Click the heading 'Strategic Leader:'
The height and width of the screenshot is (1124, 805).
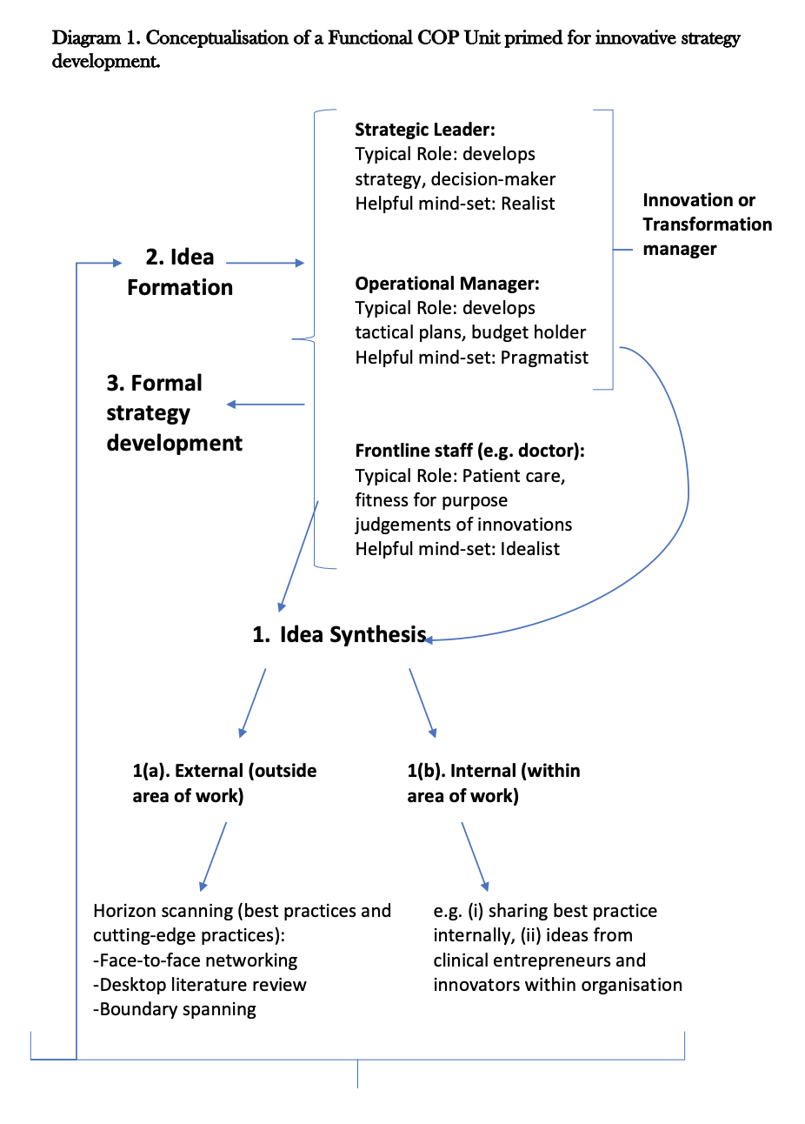click(424, 130)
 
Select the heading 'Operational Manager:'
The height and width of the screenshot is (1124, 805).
click(447, 284)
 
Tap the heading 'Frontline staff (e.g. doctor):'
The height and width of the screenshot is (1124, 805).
click(469, 451)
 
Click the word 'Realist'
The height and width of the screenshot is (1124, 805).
click(528, 204)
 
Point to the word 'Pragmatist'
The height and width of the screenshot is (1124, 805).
click(544, 358)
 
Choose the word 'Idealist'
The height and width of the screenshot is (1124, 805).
click(529, 549)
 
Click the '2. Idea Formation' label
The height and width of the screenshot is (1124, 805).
click(180, 272)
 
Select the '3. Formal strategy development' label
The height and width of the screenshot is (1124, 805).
click(174, 413)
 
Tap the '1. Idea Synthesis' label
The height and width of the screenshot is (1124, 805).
click(339, 635)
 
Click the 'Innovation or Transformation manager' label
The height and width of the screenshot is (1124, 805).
click(707, 224)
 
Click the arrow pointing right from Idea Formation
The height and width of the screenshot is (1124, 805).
click(264, 263)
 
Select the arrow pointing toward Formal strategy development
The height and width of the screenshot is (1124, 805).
click(265, 405)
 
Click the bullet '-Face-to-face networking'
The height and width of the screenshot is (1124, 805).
click(196, 960)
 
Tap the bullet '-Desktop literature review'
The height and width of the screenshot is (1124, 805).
click(200, 985)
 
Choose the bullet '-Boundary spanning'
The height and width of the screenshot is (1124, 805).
click(175, 1009)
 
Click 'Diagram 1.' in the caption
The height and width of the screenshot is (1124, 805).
click(96, 38)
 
